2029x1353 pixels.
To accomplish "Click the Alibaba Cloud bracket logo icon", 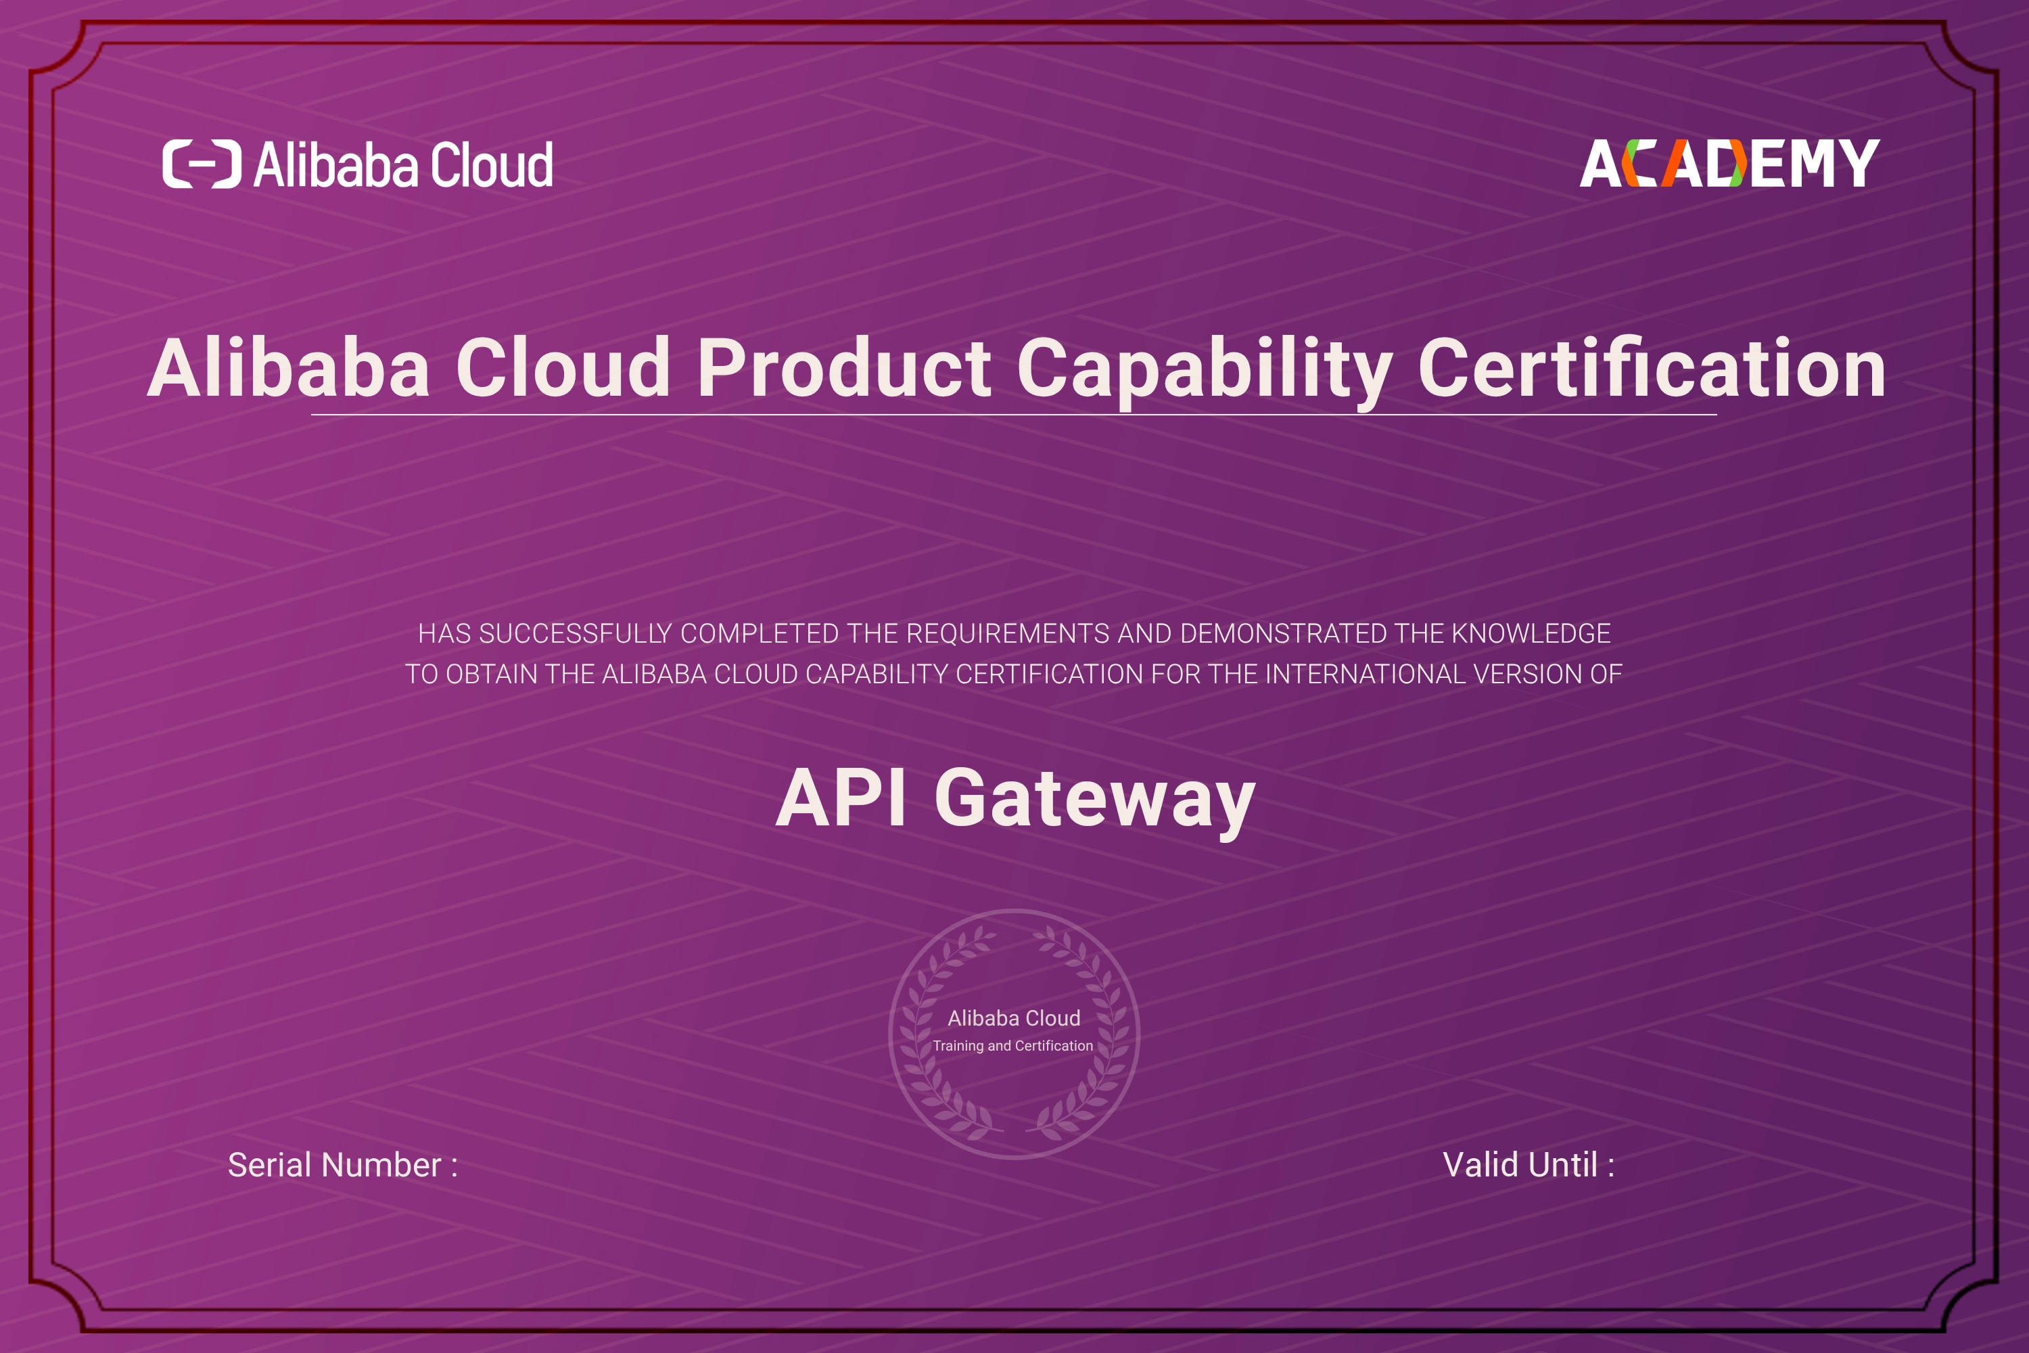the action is coord(202,164).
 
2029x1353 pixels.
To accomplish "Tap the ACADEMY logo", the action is coord(1729,163).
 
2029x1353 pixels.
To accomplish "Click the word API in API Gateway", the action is coord(841,798).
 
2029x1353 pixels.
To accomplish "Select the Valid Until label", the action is coord(1529,1165).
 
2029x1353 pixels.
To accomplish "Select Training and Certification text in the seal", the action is coord(1012,1046).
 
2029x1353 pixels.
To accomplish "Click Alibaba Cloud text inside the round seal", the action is coord(1014,1018).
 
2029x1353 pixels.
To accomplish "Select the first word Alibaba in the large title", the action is coord(289,369).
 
